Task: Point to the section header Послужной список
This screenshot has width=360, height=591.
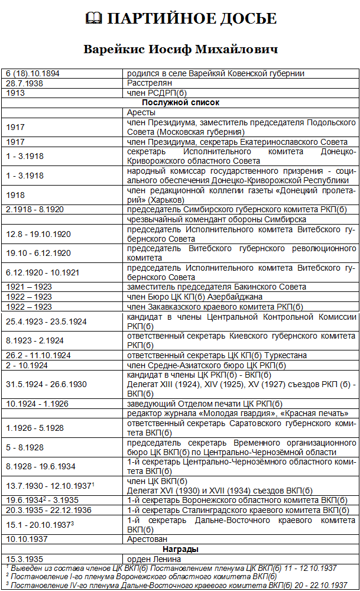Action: pyautogui.click(x=180, y=102)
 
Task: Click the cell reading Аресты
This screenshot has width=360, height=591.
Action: pyautogui.click(x=141, y=112)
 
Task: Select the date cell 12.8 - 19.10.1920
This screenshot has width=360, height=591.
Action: pyautogui.click(x=38, y=234)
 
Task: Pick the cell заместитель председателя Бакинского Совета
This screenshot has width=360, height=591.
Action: pyautogui.click(x=216, y=287)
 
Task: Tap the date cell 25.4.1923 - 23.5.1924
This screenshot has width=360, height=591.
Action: pyautogui.click(x=46, y=322)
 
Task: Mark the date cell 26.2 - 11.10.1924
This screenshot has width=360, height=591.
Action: pyautogui.click(x=38, y=355)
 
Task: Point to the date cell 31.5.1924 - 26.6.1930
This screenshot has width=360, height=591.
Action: pyautogui.click(x=46, y=384)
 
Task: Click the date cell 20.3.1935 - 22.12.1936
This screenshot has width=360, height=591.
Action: pyautogui.click(x=48, y=510)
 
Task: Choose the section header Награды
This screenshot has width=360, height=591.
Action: pyautogui.click(x=180, y=548)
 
